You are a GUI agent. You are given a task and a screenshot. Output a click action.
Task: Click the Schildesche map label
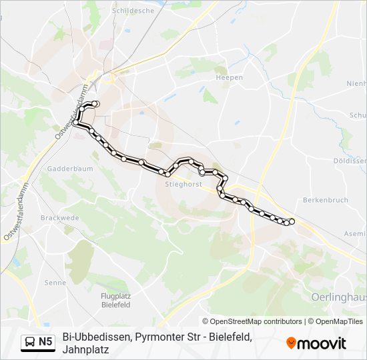[x=132, y=11]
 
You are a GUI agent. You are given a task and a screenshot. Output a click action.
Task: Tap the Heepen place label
[x=226, y=77]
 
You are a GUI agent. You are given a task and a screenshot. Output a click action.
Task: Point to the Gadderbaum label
[x=65, y=169]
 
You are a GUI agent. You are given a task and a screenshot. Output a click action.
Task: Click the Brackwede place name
[x=59, y=218]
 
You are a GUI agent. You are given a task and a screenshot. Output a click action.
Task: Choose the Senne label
[x=55, y=283]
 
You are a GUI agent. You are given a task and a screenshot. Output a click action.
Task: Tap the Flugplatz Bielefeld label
[x=115, y=300]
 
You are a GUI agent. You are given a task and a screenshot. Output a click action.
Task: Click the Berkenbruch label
[x=326, y=200]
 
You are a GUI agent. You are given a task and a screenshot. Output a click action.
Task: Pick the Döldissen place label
[x=350, y=161]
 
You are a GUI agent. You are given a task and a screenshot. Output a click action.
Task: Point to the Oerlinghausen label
[x=339, y=295]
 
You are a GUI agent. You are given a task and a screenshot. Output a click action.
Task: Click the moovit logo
[x=316, y=343]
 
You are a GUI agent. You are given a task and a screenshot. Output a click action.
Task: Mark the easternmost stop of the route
[x=292, y=221]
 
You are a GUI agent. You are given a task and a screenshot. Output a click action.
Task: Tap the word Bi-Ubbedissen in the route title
[x=97, y=337]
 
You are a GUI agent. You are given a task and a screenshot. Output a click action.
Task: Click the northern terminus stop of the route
[x=96, y=104]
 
